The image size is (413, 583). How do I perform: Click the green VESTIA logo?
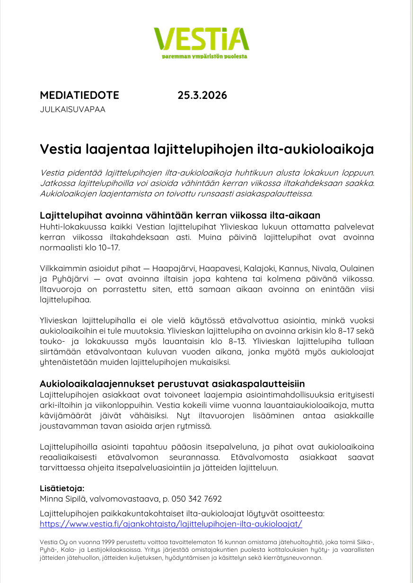click(201, 39)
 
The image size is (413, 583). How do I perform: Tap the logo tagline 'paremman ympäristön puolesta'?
click(204, 56)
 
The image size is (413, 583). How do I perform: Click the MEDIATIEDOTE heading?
click(79, 95)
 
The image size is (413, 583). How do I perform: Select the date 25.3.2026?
click(202, 95)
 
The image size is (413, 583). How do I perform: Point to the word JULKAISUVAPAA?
click(72, 110)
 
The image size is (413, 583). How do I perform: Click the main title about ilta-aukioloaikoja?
click(207, 149)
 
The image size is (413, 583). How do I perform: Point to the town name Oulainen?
click(357, 268)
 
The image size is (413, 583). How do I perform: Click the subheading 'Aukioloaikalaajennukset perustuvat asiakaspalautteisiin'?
click(172, 383)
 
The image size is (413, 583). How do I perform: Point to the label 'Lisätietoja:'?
click(62, 488)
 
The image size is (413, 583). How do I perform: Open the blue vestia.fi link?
click(171, 524)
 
